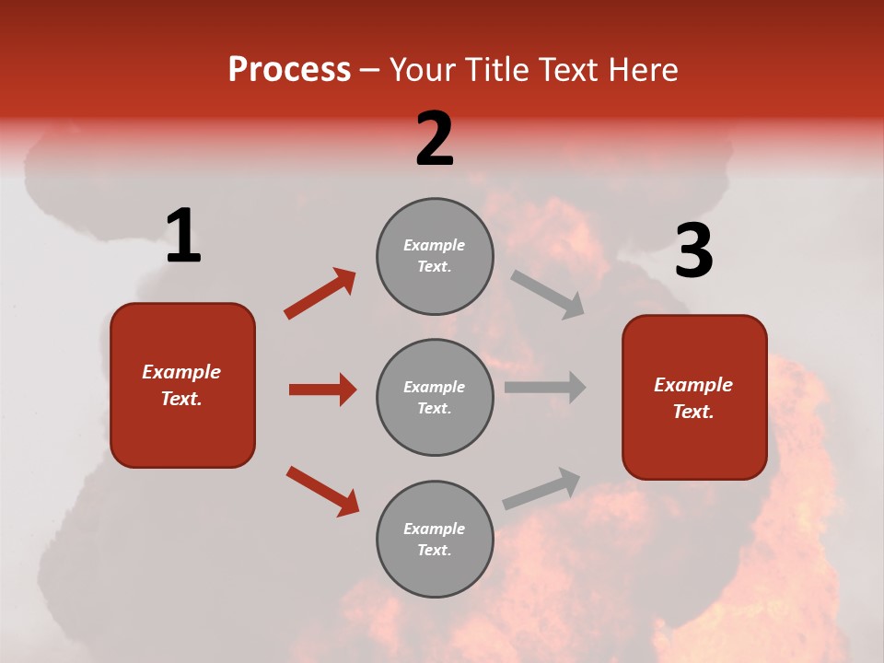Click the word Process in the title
click(289, 70)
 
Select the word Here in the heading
click(639, 70)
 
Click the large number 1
click(183, 236)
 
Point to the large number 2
click(435, 139)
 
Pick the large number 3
click(693, 251)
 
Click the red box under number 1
click(182, 385)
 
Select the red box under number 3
click(694, 397)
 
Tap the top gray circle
click(435, 256)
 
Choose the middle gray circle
click(435, 397)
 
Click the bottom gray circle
click(435, 539)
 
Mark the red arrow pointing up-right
click(320, 294)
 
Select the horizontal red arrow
click(322, 390)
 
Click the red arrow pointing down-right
click(322, 491)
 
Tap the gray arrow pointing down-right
click(547, 295)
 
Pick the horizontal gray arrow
click(545, 387)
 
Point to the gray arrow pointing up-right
click(541, 488)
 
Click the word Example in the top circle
click(434, 245)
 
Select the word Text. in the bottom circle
click(434, 550)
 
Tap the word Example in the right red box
click(693, 385)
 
